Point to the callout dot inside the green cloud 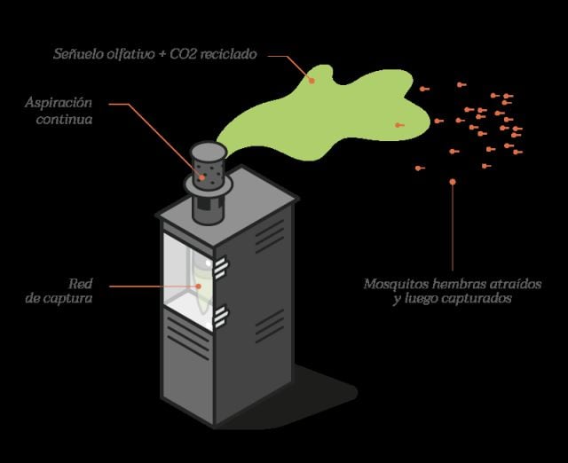coord(312,79)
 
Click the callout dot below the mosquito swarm coord(453,182)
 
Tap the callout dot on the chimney coord(201,176)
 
